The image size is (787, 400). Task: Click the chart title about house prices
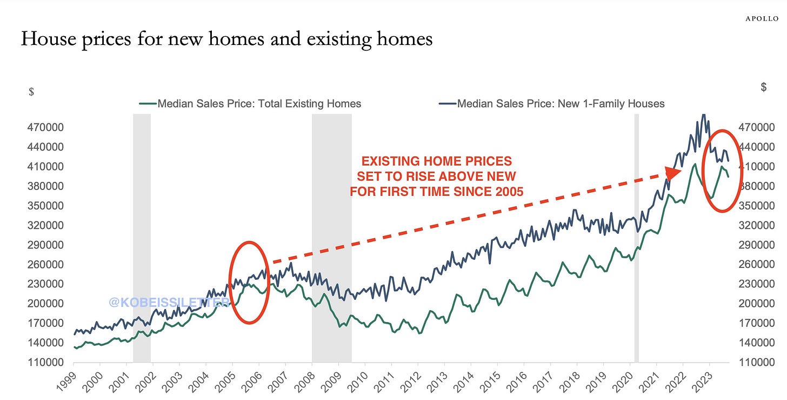(226, 40)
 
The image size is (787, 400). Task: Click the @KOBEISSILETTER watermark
(169, 302)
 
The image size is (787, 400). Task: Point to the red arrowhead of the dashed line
(673, 173)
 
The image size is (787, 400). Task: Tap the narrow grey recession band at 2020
(636, 238)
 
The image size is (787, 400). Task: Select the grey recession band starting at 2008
(331, 238)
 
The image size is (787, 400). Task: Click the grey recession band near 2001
(142, 238)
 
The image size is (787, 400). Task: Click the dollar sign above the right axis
(763, 87)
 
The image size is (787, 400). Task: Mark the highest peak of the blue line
(703, 115)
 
